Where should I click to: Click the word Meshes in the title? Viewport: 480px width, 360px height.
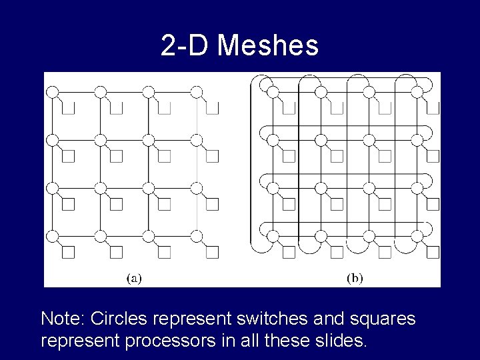pos(268,46)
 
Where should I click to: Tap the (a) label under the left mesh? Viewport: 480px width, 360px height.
pos(134,279)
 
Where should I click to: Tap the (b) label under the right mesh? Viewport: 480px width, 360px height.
pos(355,279)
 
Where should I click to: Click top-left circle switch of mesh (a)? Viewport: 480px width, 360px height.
pos(52,92)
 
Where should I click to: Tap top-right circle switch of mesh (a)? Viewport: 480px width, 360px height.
pos(197,92)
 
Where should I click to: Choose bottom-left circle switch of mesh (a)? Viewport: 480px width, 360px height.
pos(52,236)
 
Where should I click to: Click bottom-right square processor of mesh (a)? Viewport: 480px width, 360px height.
pos(213,252)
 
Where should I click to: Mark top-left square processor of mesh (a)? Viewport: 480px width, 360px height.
pos(68,108)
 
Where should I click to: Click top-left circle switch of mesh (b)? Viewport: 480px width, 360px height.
pos(272,92)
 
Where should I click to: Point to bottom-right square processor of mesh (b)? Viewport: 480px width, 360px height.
pos(433,252)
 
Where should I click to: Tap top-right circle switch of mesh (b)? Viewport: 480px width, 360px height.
pos(417,92)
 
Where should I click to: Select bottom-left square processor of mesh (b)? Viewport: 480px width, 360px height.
pos(288,252)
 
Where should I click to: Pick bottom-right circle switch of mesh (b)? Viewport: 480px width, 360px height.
pos(417,236)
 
